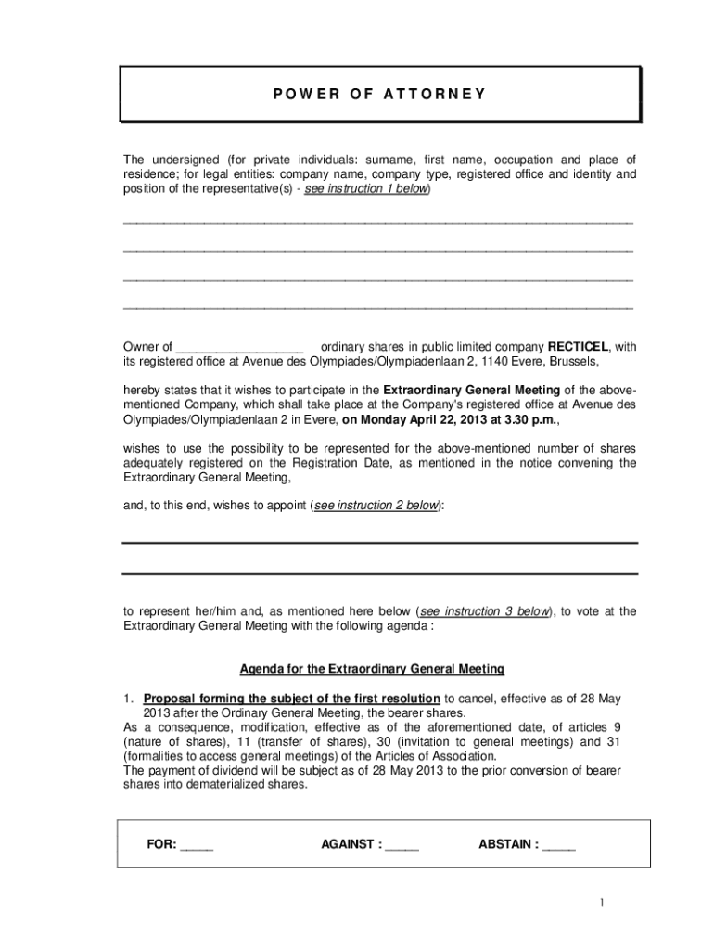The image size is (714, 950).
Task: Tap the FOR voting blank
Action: point(197,845)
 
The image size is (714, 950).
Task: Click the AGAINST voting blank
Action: point(402,845)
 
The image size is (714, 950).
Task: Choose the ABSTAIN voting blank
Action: point(558,845)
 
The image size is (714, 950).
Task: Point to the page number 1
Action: point(601,904)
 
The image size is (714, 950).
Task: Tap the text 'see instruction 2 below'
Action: point(376,506)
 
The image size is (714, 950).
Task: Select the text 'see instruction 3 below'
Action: point(484,611)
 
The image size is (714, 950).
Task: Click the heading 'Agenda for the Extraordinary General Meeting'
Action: point(372,668)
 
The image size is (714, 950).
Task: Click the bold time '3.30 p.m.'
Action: point(529,418)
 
